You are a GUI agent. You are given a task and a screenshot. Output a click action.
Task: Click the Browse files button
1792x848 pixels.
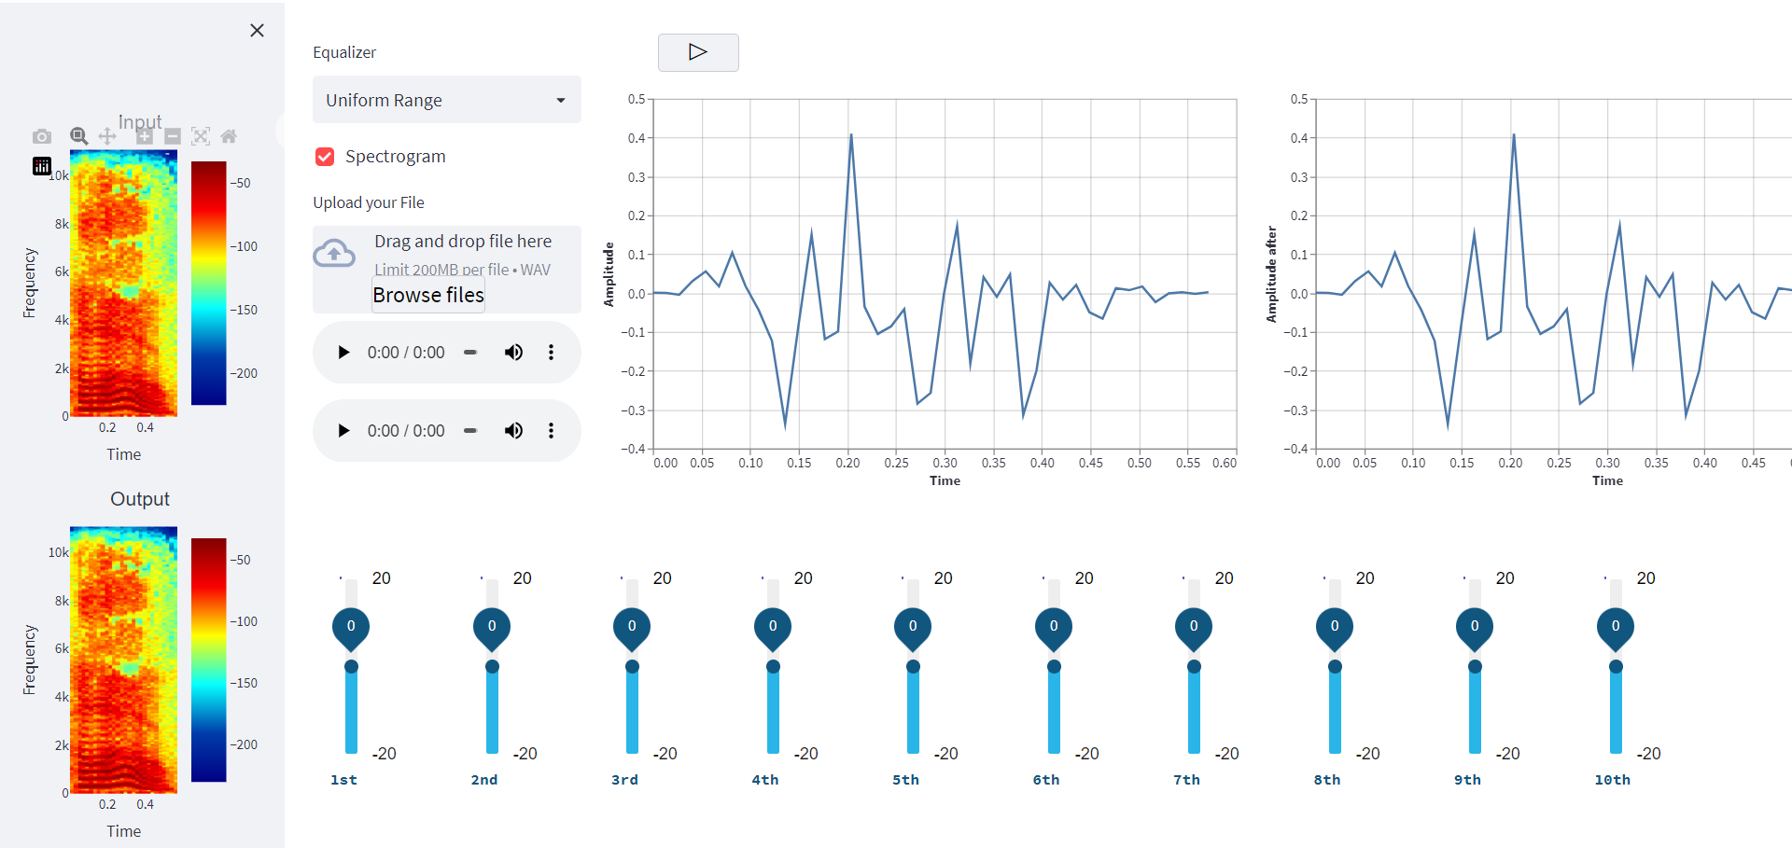428,295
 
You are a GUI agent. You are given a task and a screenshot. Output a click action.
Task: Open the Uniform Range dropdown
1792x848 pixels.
446,100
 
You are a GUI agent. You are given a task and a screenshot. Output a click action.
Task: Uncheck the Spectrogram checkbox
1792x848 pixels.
325,157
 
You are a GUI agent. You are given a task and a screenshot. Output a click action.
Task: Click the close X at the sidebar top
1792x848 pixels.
257,31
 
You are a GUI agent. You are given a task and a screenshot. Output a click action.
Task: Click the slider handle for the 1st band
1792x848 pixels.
351,666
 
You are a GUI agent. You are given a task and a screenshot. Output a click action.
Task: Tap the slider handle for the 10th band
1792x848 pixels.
1616,666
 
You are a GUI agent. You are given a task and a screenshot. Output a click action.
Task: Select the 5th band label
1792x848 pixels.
905,780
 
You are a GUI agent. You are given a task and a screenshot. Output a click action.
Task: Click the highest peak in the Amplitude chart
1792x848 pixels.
850,135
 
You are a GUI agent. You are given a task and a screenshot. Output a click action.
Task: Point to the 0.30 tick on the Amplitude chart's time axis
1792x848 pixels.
945,463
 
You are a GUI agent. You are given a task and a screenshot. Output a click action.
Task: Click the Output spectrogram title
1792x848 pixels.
140,499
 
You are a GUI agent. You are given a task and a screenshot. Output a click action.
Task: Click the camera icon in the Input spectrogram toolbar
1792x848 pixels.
42,137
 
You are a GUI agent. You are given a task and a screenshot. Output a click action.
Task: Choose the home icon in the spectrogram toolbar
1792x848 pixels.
229,137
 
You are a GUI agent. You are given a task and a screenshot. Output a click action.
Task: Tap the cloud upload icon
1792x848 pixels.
334,254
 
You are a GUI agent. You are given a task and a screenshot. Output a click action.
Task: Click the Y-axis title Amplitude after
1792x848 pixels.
1271,274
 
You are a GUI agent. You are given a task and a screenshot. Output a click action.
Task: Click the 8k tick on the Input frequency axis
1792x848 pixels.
62,224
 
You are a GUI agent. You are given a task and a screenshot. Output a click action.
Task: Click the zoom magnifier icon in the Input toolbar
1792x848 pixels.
79,137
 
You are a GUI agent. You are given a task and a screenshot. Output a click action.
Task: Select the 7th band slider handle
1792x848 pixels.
1194,666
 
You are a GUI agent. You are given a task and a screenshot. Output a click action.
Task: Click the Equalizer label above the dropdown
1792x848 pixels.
344,52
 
